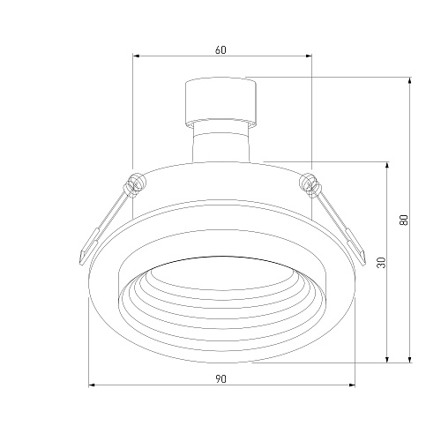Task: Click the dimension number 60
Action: [x=220, y=50]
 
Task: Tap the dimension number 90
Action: [x=220, y=379]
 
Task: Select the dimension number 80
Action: [x=404, y=220]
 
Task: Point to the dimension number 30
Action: [x=381, y=262]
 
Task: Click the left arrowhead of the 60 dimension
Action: [x=136, y=56]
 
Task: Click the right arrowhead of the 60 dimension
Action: [x=309, y=56]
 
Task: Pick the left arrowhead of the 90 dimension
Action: [x=92, y=385]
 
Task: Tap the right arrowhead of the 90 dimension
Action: [x=352, y=385]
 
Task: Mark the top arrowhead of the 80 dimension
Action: [x=410, y=80]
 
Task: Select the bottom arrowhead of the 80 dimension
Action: [x=410, y=359]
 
